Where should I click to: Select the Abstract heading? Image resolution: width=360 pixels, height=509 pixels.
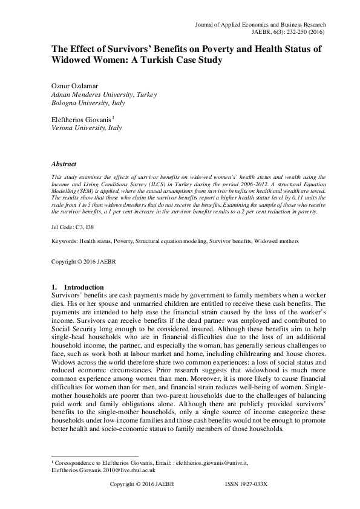(x=64, y=164)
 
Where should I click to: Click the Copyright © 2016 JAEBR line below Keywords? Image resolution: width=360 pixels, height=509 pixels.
(x=80, y=264)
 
